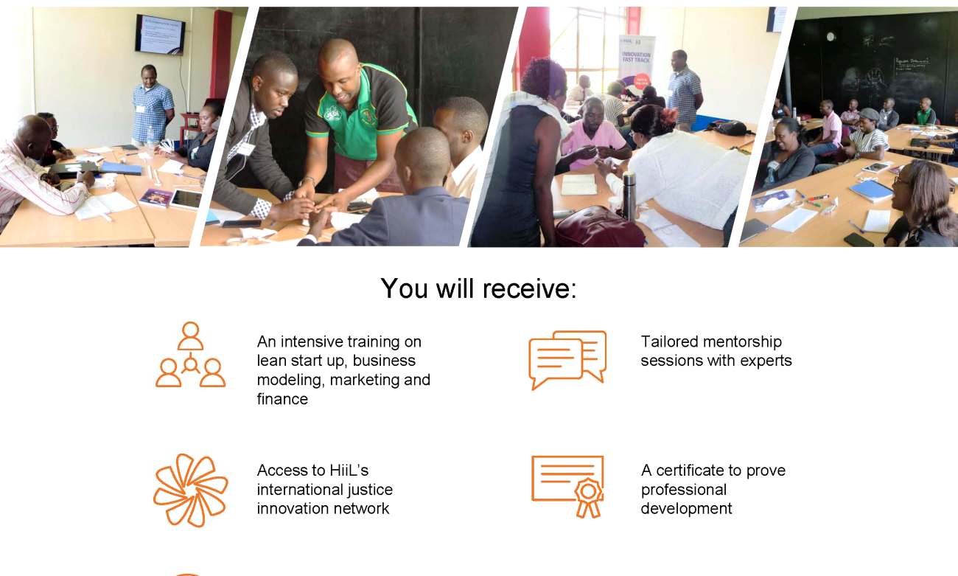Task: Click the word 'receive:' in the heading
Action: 529,288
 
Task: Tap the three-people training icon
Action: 190,355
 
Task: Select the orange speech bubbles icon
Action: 567,359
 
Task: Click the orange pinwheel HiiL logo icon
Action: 190,490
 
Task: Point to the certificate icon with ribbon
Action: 567,487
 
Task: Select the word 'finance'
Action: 282,399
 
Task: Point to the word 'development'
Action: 686,509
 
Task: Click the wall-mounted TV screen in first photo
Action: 161,34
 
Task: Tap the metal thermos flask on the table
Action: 629,196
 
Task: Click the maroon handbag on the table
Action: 598,228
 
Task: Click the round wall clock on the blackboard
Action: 831,37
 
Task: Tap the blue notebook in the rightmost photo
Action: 871,190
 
